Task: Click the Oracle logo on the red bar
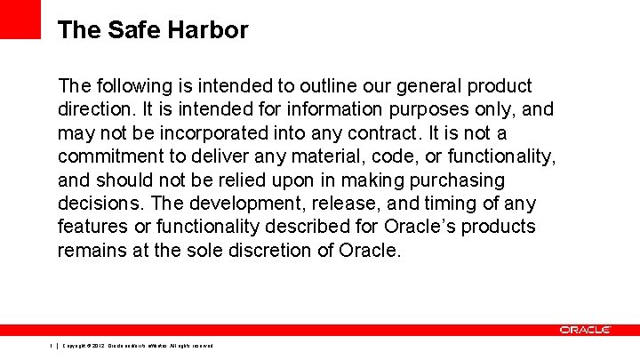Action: tap(585, 330)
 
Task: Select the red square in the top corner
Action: tap(20, 18)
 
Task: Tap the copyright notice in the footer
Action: tap(138, 346)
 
